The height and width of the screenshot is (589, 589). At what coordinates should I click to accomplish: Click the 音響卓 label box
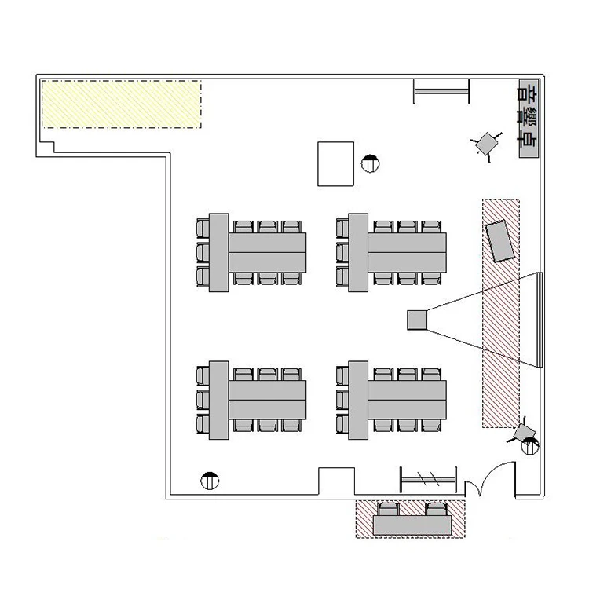pos(529,119)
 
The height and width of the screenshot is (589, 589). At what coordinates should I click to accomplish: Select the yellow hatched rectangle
pos(121,104)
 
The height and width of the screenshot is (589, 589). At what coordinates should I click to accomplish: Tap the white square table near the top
pos(335,164)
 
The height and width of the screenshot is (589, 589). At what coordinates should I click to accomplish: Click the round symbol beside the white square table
pos(370,164)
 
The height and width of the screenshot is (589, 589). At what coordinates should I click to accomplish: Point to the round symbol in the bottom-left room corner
pos(210,481)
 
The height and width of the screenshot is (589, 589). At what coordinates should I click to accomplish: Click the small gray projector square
pos(417,320)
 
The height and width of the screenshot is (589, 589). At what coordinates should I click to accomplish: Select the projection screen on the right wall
pos(540,320)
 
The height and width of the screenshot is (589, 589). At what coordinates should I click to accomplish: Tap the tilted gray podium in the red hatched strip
pos(499,241)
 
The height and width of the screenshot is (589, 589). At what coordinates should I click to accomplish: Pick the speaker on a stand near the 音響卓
pos(486,143)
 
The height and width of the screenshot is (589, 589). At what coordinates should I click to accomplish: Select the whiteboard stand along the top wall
pos(441,91)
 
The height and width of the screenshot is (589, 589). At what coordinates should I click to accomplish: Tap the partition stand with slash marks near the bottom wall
pos(428,479)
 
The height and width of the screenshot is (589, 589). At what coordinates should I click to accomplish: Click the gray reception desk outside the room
pos(412,525)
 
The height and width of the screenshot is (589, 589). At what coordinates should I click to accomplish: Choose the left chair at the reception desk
pos(388,510)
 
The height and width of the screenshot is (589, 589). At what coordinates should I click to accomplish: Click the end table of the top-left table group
pos(218,252)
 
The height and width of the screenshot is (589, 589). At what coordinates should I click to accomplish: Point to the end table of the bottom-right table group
pos(358,400)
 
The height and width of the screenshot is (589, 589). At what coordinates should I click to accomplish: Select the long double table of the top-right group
pos(407,252)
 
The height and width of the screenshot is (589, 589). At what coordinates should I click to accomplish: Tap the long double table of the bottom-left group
pos(268,400)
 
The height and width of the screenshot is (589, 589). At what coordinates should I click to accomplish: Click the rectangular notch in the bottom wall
pos(337,481)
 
